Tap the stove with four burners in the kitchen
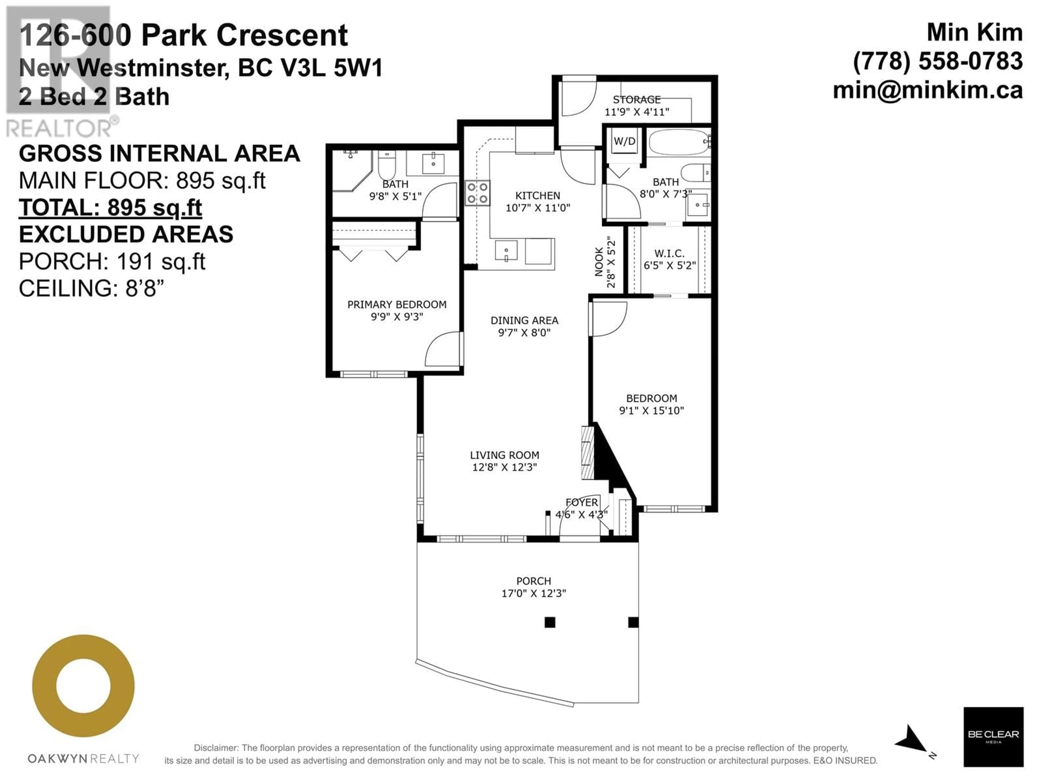[477, 193]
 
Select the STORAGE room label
[636, 99]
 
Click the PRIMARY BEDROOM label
[397, 304]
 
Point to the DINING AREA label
[524, 320]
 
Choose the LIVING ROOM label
[504, 455]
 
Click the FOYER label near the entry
[582, 503]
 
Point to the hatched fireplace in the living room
[587, 453]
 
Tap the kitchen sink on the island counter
[506, 250]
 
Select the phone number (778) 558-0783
[938, 61]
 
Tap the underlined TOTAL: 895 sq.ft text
[110, 208]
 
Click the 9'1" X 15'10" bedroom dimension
[652, 411]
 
